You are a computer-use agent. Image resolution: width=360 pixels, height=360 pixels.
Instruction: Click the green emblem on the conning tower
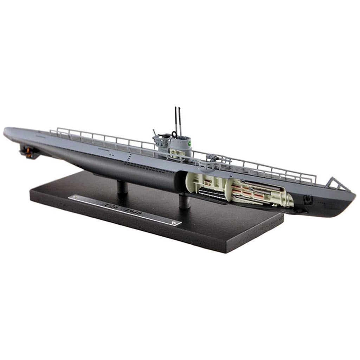[190, 143]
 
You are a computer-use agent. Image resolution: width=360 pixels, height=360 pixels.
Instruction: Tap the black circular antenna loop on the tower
[174, 134]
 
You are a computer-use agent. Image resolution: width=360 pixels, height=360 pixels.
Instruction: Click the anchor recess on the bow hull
[308, 199]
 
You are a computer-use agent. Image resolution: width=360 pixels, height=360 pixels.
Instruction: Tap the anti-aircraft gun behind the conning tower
[156, 135]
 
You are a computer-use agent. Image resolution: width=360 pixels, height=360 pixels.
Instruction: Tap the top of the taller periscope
[175, 108]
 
